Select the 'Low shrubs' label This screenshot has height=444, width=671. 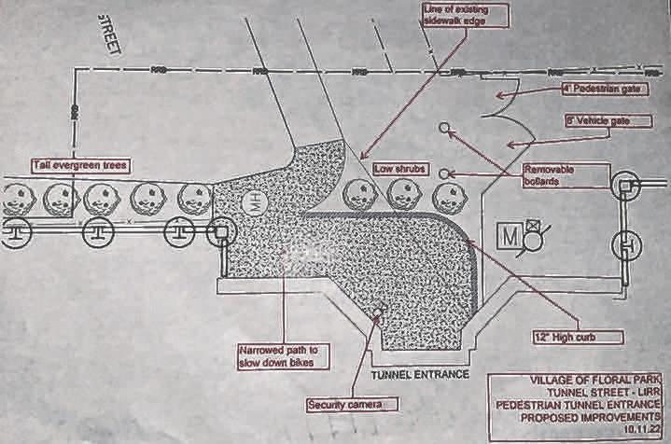coord(400,169)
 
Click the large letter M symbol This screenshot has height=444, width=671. coord(512,234)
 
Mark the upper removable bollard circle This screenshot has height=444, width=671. coord(443,128)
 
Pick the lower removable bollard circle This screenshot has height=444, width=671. coord(444,173)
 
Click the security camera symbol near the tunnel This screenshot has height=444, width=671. coord(379,312)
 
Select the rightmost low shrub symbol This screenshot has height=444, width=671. coord(448,196)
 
